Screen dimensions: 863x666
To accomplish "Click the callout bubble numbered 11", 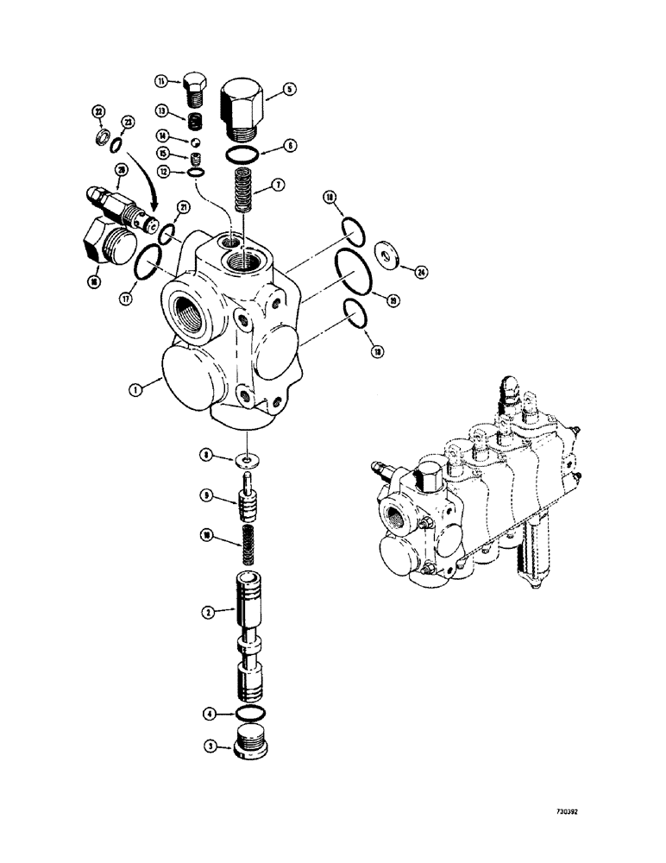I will point(161,81).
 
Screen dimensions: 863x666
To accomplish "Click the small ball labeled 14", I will point(197,136).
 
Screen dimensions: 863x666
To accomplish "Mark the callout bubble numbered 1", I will point(136,389).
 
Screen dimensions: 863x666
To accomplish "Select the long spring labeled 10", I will point(248,546).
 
